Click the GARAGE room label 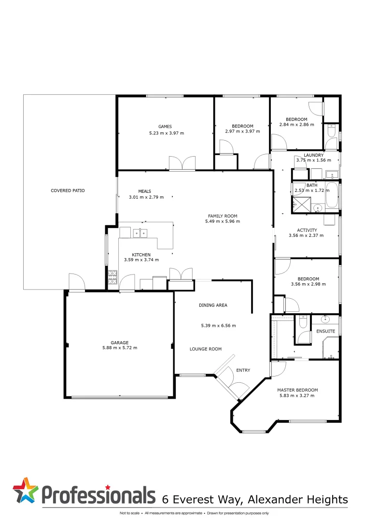(x=119, y=343)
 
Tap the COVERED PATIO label (x=68, y=190)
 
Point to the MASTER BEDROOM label (x=297, y=390)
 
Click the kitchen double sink (x=140, y=233)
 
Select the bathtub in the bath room (x=332, y=196)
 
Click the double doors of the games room (x=182, y=163)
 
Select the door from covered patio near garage (x=77, y=283)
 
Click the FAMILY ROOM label (x=222, y=216)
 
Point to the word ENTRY (x=243, y=370)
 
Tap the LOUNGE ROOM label (x=205, y=348)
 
